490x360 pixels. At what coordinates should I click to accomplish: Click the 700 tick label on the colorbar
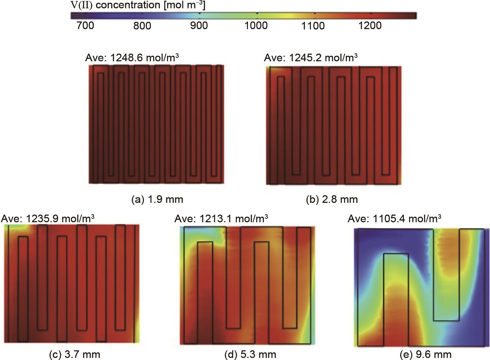coord(85,26)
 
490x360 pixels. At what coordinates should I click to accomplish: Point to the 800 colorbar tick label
coord(142,26)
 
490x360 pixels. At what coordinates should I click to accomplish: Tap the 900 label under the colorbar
coord(199,26)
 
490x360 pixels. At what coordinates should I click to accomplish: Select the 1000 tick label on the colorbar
coord(256,26)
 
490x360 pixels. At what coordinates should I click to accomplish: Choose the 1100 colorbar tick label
coord(313,26)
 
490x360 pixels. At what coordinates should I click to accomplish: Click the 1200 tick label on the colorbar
coord(370,26)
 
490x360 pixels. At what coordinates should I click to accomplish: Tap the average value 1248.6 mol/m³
coord(132,57)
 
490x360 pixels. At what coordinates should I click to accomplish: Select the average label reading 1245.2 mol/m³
coord(311,57)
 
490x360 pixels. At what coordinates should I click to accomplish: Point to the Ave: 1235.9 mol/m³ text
coord(48,218)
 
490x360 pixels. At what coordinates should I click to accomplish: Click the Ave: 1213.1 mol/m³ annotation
coord(221,218)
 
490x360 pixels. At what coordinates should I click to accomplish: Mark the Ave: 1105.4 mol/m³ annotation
coord(394,218)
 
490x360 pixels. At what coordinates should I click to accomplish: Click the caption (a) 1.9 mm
coord(158,199)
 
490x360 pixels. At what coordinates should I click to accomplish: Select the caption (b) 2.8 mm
coord(332,199)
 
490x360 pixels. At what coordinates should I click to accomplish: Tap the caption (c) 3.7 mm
coord(75,354)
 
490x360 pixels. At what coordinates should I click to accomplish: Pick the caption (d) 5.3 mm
coord(251,354)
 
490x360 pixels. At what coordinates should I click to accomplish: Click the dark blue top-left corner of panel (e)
coord(370,239)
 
